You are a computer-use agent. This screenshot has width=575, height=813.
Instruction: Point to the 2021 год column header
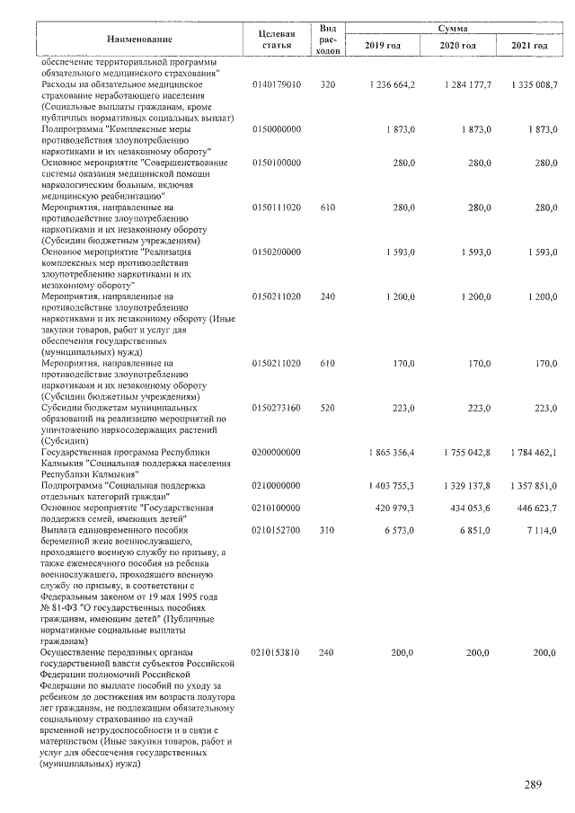[x=528, y=45]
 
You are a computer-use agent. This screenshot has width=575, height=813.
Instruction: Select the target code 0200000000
[x=277, y=453]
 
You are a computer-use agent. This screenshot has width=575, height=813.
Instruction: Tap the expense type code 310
[x=327, y=531]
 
